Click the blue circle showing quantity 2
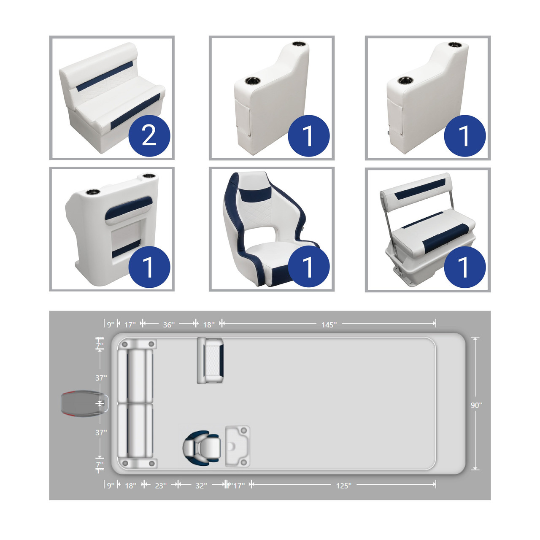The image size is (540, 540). click(149, 135)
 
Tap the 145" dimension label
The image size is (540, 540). click(329, 325)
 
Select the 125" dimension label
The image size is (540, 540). click(344, 486)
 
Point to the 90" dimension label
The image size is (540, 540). click(476, 405)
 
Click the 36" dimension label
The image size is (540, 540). click(169, 325)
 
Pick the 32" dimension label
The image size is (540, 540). click(201, 486)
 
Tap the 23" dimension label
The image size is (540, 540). click(161, 486)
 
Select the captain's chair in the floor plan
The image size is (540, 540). click(202, 448)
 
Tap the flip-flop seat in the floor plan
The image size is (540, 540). click(210, 361)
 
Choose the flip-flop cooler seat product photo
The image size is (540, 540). click(428, 230)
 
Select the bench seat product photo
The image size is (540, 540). click(112, 98)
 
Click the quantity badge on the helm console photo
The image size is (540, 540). click(149, 267)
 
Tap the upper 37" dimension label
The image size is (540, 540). click(101, 378)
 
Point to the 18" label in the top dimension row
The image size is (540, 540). click(209, 325)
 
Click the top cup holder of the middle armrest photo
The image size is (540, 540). click(299, 44)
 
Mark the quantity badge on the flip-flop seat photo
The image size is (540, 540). click(465, 267)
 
